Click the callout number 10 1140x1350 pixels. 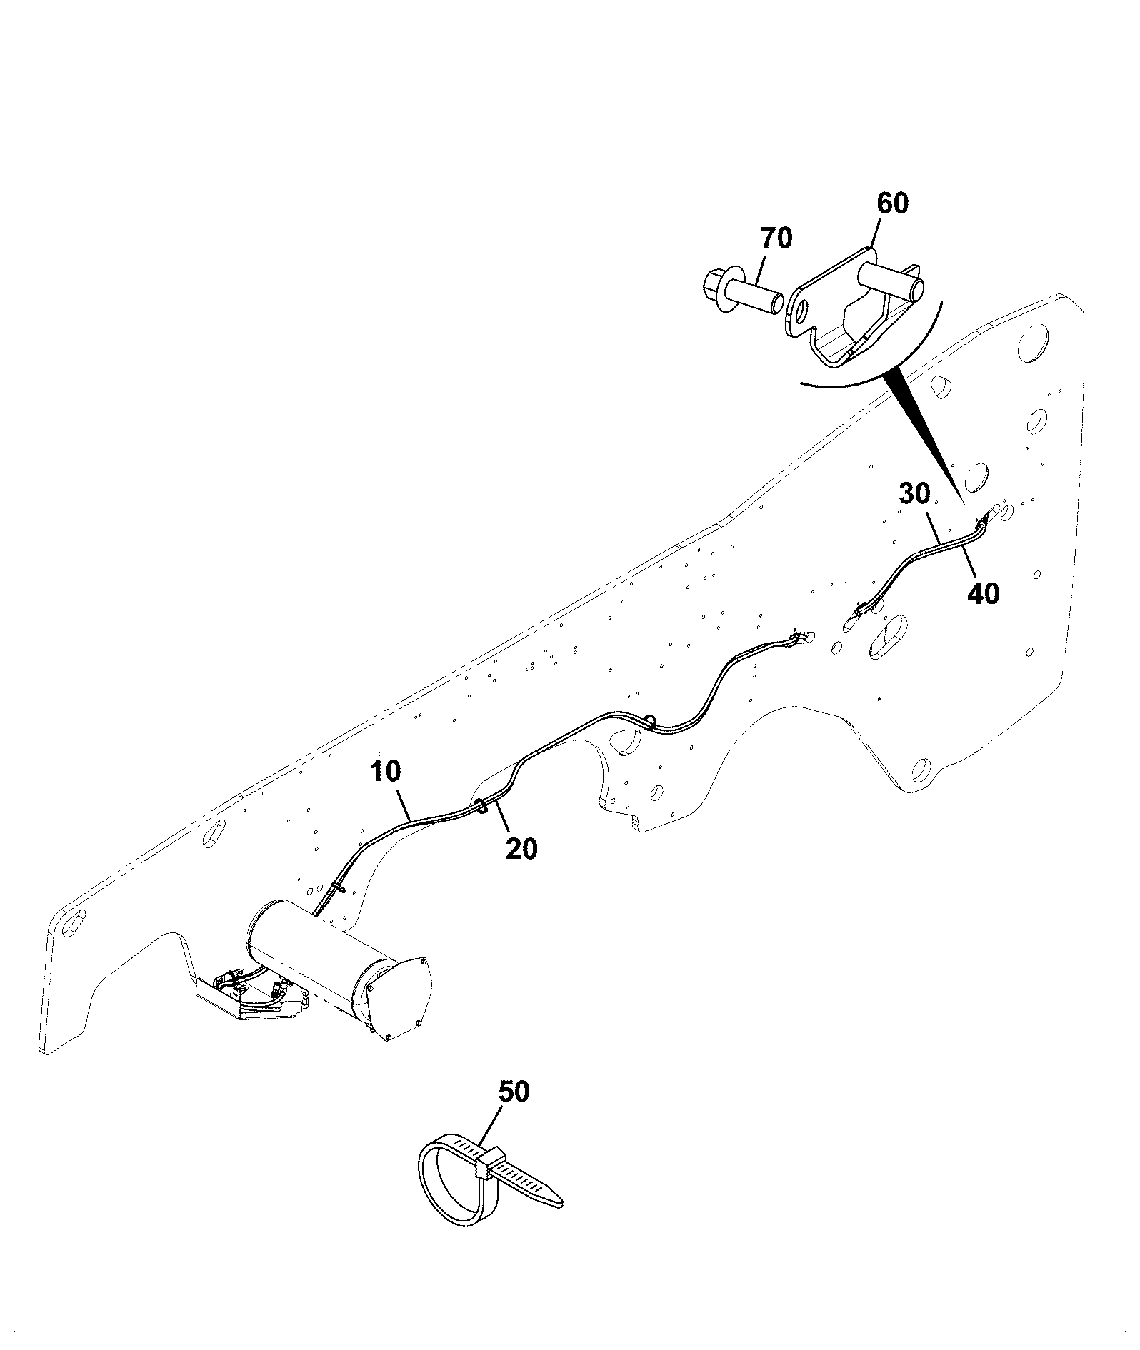tap(386, 772)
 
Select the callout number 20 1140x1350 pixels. tap(521, 849)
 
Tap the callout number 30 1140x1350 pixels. tap(915, 493)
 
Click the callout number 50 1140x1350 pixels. tap(514, 1112)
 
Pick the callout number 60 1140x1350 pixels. tap(893, 203)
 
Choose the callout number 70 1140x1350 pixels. tap(776, 238)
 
